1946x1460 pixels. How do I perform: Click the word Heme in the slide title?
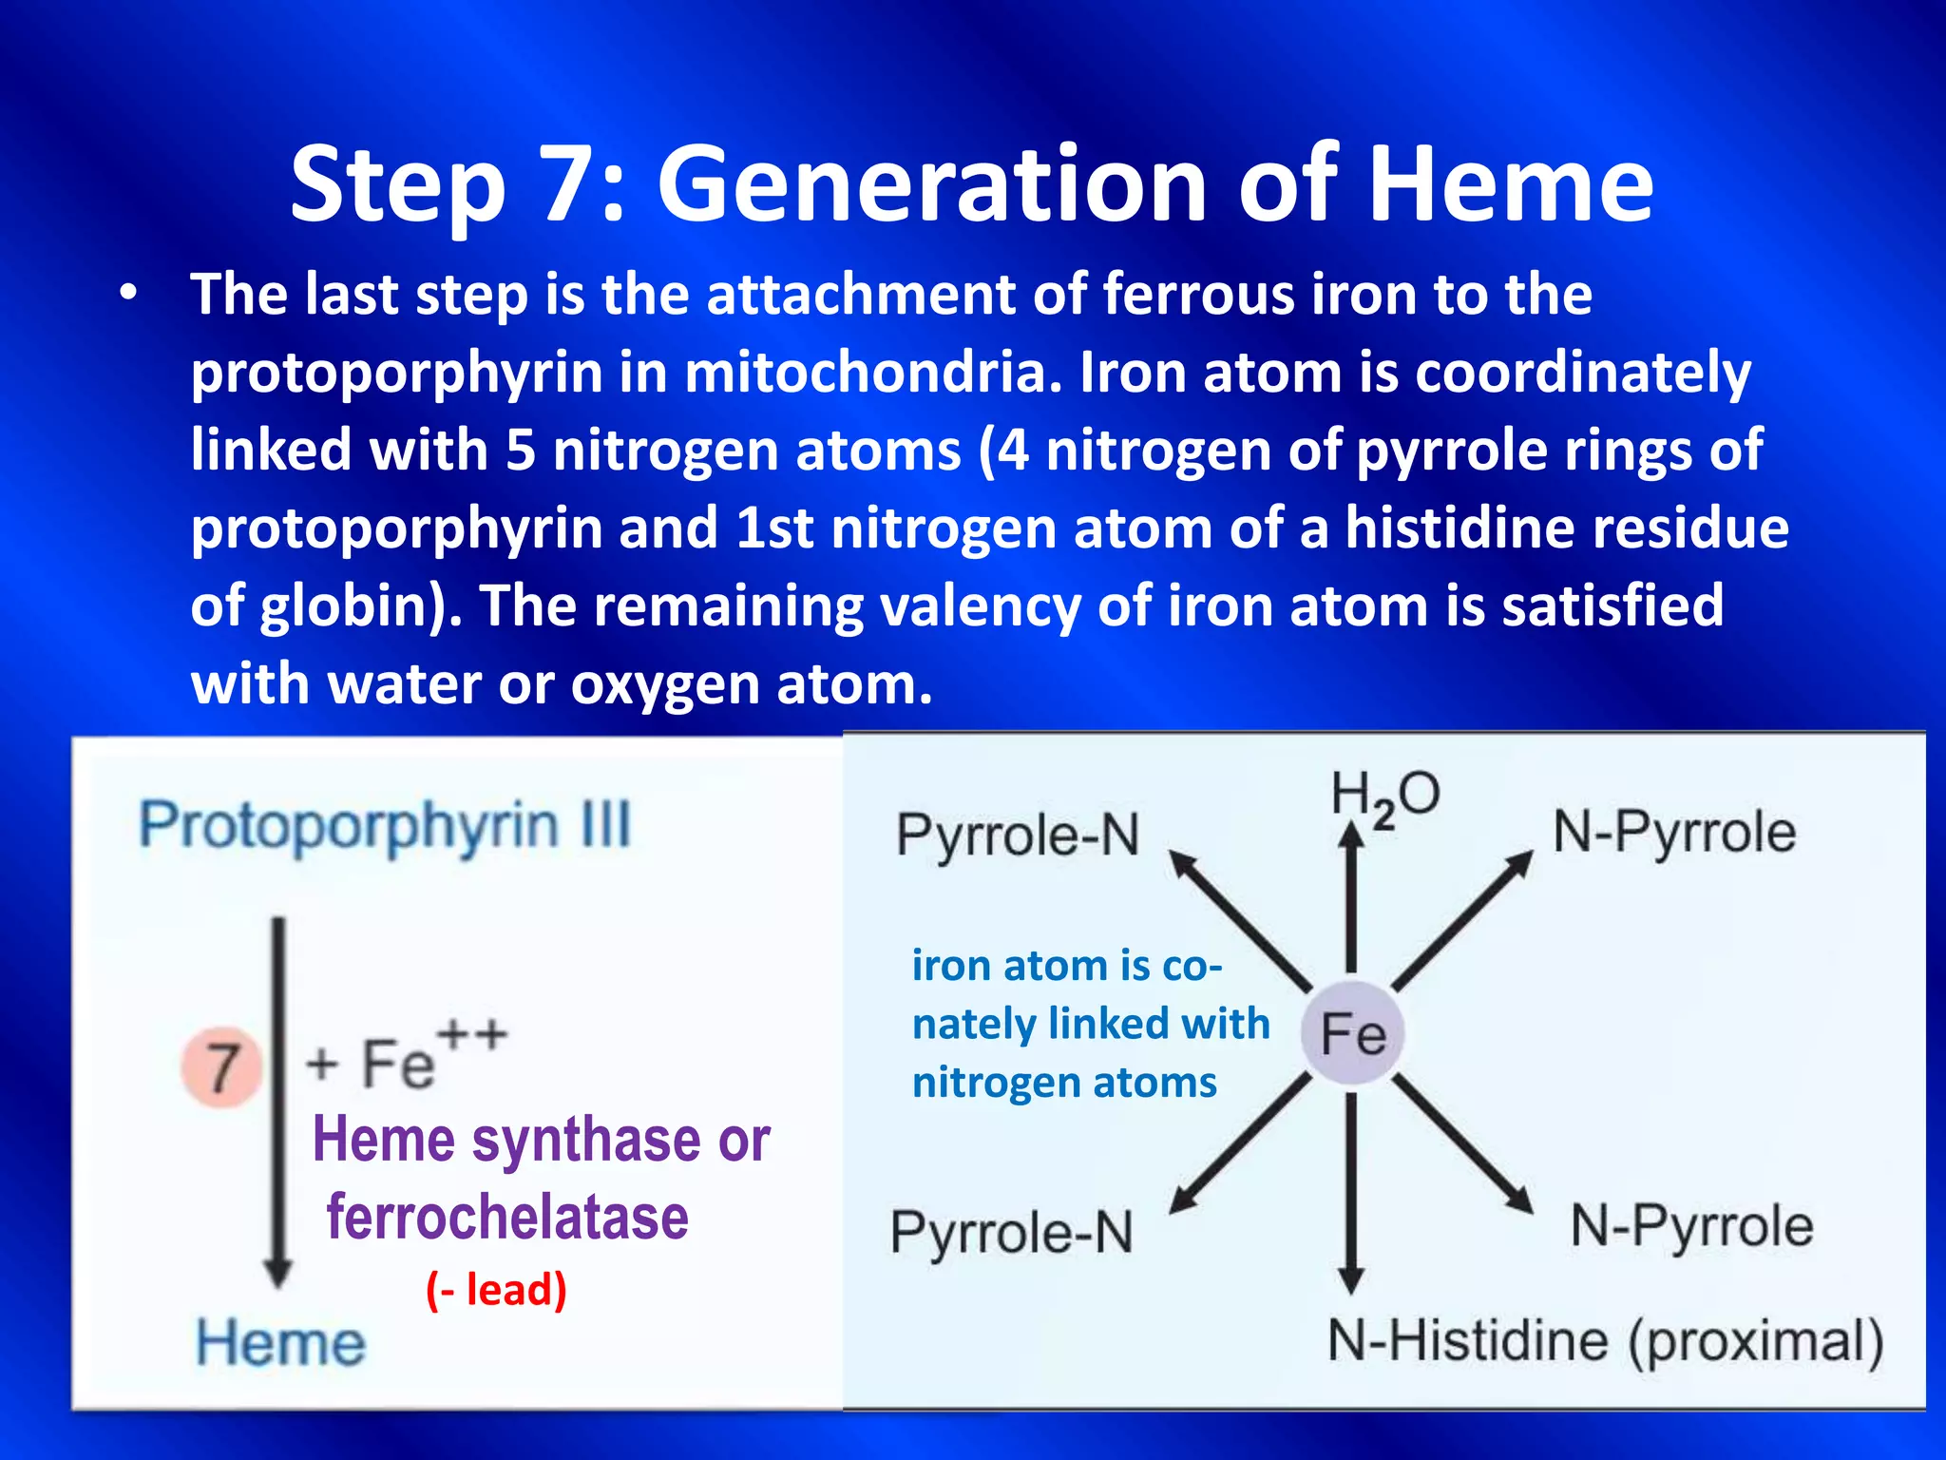click(1511, 185)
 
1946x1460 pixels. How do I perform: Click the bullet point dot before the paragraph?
click(129, 295)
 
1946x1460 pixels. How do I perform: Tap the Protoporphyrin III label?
click(385, 825)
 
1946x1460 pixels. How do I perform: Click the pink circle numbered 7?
click(222, 1066)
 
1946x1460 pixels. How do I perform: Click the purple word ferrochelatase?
click(507, 1218)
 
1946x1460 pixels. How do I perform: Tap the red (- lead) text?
click(496, 1290)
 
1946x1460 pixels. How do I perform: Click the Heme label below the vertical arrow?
click(280, 1343)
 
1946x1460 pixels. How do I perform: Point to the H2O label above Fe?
click(1384, 797)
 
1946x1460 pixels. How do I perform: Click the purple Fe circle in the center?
click(1352, 1033)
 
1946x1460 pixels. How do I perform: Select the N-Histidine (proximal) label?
click(1605, 1341)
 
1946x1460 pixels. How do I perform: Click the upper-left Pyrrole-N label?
click(1018, 836)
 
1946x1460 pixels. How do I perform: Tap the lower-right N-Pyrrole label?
click(1691, 1225)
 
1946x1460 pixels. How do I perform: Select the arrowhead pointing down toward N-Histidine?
click(1351, 1278)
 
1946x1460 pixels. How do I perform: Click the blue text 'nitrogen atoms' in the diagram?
click(1064, 1083)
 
